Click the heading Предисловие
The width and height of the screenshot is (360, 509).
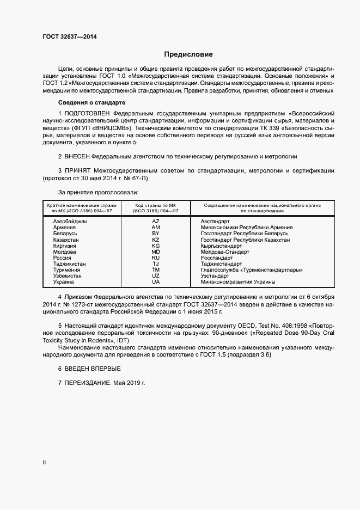[188, 54]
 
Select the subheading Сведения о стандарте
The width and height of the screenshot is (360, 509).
[91, 103]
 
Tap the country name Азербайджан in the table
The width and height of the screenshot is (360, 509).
[70, 222]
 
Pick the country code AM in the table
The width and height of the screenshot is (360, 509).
[156, 228]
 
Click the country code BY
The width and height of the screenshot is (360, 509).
[156, 234]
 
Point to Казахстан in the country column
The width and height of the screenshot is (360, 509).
[66, 240]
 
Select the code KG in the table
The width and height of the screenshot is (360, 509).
[156, 246]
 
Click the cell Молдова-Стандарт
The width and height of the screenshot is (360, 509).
[224, 252]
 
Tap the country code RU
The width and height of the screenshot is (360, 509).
[156, 258]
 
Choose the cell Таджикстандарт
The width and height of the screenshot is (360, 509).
[223, 264]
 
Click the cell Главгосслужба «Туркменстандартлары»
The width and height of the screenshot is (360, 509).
[251, 270]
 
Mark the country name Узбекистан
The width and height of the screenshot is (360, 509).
[68, 276]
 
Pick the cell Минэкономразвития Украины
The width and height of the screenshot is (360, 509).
[237, 282]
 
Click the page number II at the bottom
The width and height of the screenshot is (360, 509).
[45, 463]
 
